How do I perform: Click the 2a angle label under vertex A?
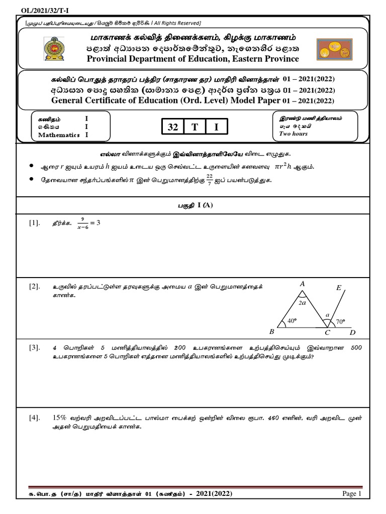coord(302,303)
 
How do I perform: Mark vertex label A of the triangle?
coord(303,284)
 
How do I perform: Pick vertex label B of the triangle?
coord(272,332)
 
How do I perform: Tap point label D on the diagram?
coord(352,332)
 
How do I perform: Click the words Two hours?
coord(293,134)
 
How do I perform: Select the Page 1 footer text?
coord(352,494)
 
